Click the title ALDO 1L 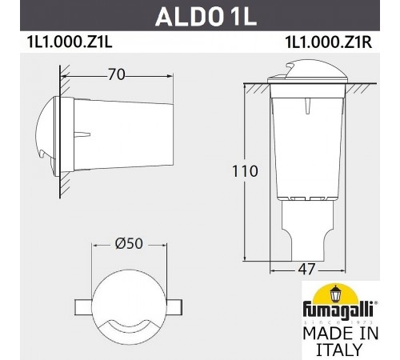coord(199,16)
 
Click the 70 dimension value coord(118,76)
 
